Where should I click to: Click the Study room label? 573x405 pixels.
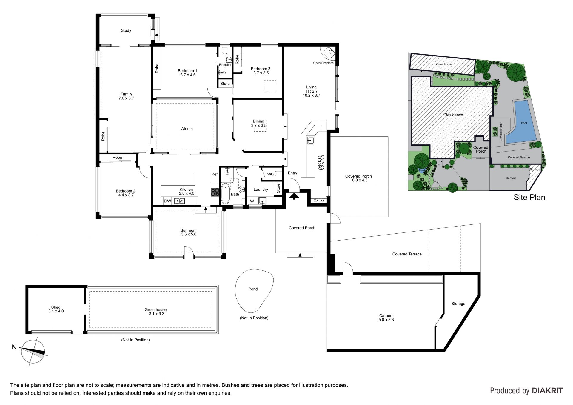(x=126, y=30)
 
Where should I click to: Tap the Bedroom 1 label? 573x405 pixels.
(x=187, y=71)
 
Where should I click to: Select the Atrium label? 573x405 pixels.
(x=187, y=129)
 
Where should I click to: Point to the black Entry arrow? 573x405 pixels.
(x=294, y=196)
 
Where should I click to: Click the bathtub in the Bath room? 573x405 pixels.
(x=225, y=194)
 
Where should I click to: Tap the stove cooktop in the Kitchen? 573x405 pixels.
(x=215, y=192)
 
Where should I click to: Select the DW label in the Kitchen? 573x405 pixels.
(x=168, y=201)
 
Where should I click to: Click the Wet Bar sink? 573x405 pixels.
(x=310, y=140)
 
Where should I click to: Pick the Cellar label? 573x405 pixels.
(x=319, y=201)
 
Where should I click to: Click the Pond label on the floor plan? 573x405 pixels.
(x=253, y=289)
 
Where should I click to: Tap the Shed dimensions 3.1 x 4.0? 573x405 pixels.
(x=56, y=311)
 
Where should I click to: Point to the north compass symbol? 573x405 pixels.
(x=33, y=352)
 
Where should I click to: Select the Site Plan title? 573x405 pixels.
(x=529, y=197)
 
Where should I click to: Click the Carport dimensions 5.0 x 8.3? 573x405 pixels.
(x=386, y=320)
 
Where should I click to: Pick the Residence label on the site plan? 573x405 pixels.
(x=454, y=115)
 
